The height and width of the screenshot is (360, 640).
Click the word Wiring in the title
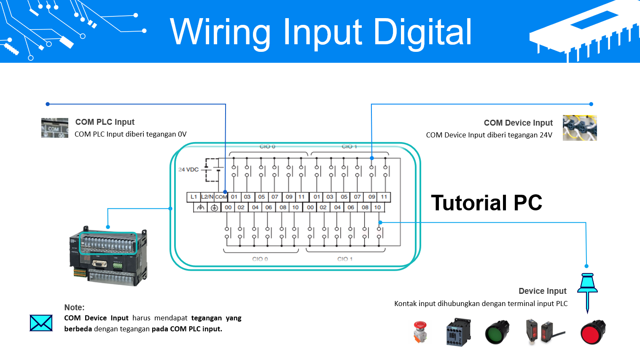coord(219,32)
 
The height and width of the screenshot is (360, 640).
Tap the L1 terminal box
coord(194,197)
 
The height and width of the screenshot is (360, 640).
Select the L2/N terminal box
coord(207,197)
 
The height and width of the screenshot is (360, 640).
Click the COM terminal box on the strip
coord(221,197)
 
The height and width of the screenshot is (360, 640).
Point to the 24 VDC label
coord(188,169)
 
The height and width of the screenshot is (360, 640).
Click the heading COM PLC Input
coord(105,122)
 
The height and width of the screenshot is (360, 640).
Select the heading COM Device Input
coord(518,123)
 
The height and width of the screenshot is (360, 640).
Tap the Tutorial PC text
coord(486,203)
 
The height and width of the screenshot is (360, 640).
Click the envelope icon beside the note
coord(41,323)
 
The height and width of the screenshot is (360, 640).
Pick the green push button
coord(497,332)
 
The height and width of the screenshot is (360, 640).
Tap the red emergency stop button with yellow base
coord(420,332)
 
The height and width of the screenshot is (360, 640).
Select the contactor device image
coord(458,332)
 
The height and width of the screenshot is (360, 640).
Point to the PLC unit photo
coord(108,257)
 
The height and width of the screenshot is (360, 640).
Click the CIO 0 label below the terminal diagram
coord(260,259)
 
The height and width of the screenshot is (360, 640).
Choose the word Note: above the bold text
coord(74,307)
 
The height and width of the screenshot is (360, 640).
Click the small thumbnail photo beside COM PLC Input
coord(54,128)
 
